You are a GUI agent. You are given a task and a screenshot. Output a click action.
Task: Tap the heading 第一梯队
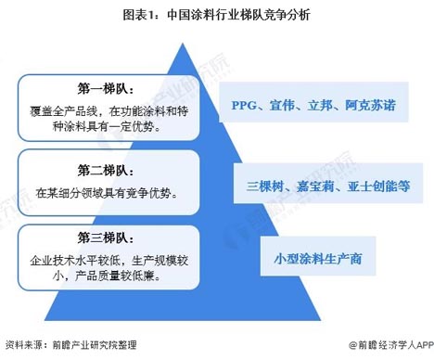[x=106, y=90]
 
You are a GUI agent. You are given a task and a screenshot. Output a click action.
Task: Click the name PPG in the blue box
[x=246, y=105]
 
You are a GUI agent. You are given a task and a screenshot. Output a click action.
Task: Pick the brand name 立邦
[x=320, y=105]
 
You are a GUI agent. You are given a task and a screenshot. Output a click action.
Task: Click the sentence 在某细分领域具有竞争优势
[x=107, y=193]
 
